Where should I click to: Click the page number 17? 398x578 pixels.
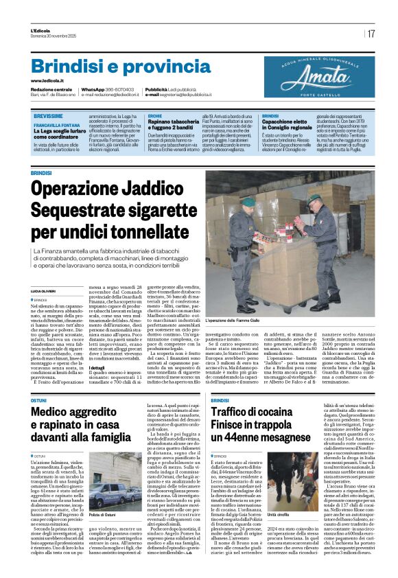point(371,34)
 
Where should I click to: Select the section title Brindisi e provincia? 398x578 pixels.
point(111,67)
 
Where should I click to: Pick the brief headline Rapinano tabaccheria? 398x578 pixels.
point(173,122)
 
